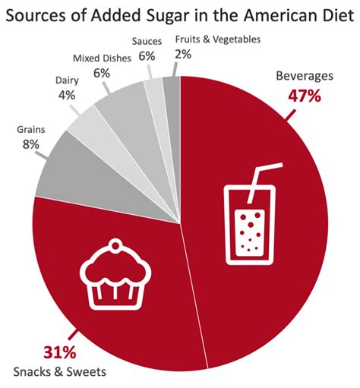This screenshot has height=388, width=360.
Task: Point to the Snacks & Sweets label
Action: tap(59, 372)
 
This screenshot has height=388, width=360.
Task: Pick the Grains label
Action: tap(30, 129)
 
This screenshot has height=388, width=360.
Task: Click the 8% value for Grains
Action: tap(30, 144)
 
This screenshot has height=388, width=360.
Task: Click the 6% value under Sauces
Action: tap(147, 55)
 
